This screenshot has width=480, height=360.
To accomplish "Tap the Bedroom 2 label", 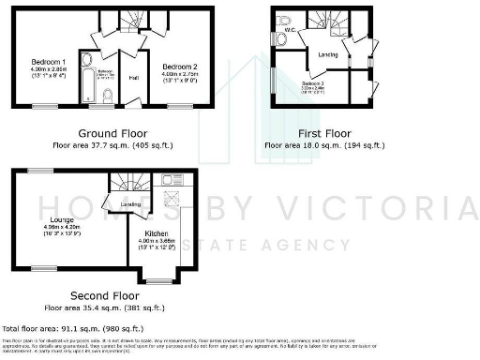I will coord(178,67).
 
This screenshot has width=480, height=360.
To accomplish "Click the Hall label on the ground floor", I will coord(133,78).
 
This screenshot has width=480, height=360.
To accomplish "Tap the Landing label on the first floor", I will coord(328,54).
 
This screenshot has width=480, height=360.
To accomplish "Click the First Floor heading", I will coord(323,132).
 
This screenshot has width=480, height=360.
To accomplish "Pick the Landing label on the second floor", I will coord(130,204).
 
